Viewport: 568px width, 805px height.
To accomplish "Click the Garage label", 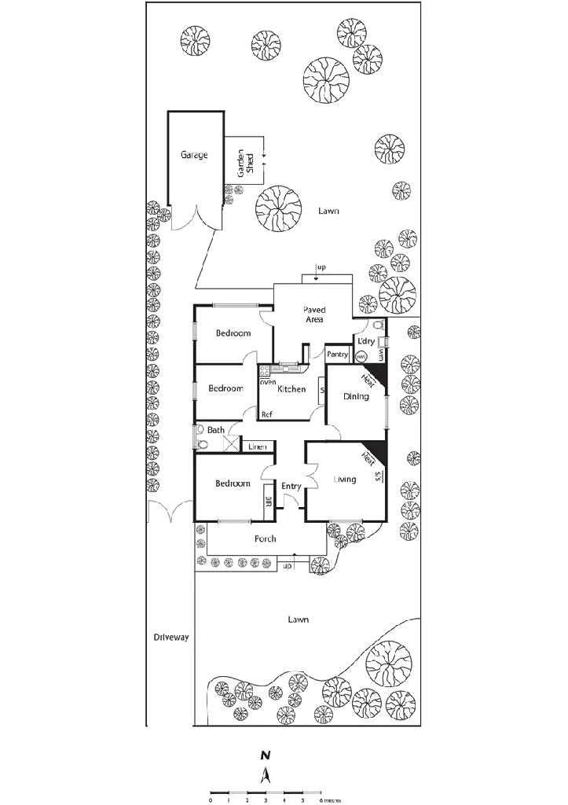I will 194,156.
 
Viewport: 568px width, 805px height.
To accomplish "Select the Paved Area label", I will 314,314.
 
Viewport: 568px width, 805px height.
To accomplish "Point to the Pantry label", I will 337,355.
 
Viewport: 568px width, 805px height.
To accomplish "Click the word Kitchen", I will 292,389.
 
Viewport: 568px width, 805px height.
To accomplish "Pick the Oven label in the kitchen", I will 268,382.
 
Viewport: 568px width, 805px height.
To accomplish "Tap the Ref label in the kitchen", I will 267,414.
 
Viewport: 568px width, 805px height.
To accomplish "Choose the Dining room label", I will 356,397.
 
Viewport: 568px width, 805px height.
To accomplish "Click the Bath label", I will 217,430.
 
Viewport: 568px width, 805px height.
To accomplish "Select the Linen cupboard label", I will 258,447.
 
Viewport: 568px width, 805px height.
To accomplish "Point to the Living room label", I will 346,480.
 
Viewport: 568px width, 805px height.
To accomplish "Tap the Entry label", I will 291,487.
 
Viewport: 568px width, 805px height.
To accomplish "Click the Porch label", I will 264,539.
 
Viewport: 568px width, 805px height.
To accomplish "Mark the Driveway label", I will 170,638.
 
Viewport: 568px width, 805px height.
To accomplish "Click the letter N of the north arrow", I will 266,755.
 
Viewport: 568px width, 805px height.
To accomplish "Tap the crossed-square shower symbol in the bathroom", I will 229,444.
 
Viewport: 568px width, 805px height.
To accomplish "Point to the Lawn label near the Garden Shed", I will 328,212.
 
